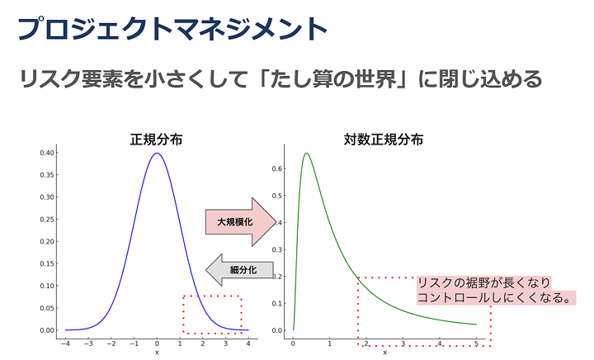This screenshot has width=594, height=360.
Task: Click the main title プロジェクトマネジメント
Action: click(172, 29)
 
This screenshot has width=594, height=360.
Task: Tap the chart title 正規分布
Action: click(156, 140)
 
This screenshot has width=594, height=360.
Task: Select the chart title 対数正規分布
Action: click(384, 140)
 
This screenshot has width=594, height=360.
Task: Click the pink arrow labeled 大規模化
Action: click(241, 222)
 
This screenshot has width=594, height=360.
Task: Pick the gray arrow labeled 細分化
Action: click(239, 270)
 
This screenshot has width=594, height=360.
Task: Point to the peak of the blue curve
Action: click(157, 153)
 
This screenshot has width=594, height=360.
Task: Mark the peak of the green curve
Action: click(306, 153)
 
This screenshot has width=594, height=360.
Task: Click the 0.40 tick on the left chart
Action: click(47, 153)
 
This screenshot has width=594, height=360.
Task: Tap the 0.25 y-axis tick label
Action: click(47, 220)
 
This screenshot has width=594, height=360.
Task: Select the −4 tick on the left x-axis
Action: click(65, 344)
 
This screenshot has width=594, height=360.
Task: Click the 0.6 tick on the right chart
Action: click(277, 168)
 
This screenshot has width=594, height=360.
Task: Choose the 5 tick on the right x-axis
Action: click(477, 343)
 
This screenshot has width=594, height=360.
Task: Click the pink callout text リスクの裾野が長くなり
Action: click(483, 282)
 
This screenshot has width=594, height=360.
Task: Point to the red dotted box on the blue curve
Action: click(212, 296)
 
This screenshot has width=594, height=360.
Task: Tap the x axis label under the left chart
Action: click(157, 353)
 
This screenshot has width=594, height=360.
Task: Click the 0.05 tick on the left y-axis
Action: click(47, 308)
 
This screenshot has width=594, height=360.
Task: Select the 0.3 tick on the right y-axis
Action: click(277, 249)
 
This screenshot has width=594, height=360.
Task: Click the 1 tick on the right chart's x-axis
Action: click(329, 343)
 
